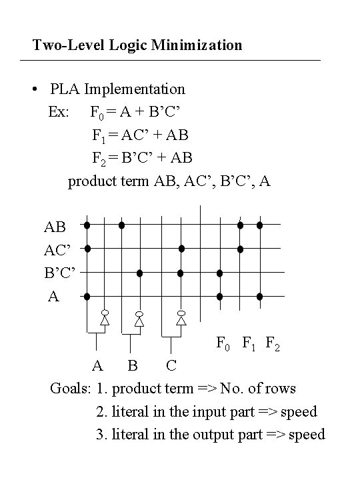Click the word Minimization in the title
point(197,45)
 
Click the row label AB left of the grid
point(55,227)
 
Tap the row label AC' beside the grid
point(57,250)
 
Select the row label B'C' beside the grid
point(60,273)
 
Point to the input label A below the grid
point(97,365)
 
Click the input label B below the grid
point(133,365)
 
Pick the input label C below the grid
point(171,365)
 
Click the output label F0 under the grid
point(223,343)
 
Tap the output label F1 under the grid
point(248,343)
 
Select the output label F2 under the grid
point(273,343)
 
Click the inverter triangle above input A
point(105,320)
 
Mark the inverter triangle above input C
point(181,320)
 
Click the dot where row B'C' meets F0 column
point(219,273)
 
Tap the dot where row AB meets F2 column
point(259,225)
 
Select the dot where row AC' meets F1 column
point(240,249)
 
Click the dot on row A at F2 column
point(259,296)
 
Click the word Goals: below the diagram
point(71,389)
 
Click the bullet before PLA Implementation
point(35,89)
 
